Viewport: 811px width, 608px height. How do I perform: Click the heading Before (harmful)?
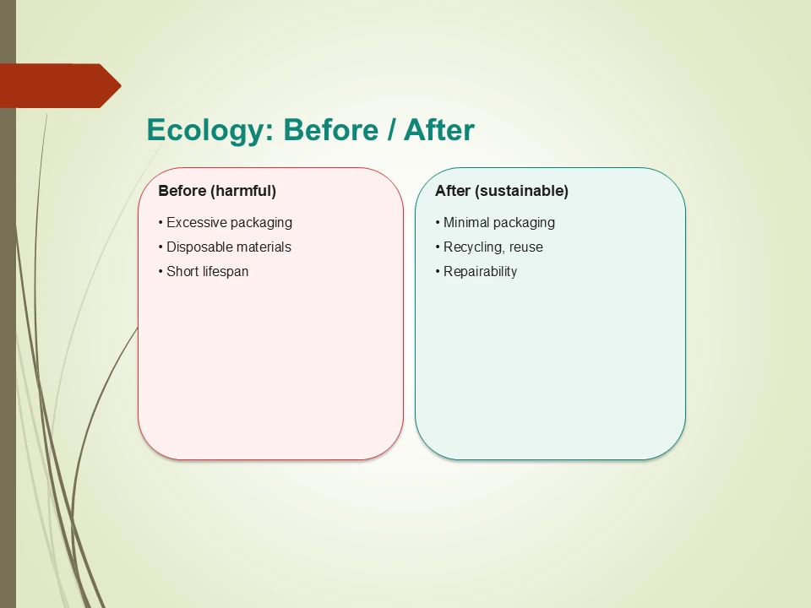click(217, 191)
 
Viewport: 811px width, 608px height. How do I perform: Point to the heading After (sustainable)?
click(502, 191)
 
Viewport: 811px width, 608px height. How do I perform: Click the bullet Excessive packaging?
click(226, 223)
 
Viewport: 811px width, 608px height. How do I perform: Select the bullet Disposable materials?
click(226, 247)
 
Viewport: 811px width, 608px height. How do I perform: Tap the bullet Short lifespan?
click(204, 272)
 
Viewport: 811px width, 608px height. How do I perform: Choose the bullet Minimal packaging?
click(496, 223)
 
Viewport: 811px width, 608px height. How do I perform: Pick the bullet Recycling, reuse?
click(490, 247)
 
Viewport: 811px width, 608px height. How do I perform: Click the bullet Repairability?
click(477, 272)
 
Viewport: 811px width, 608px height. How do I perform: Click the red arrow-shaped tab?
click(59, 85)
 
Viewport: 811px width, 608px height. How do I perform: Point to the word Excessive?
click(197, 223)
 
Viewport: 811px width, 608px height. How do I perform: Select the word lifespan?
click(226, 272)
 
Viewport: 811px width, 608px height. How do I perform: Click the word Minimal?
click(466, 223)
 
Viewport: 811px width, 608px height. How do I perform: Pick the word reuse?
click(526, 247)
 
